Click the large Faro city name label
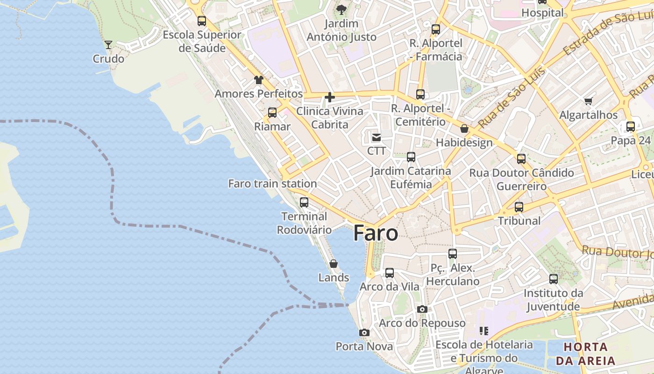click(376, 233)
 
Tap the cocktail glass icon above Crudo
click(108, 45)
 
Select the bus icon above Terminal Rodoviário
click(304, 202)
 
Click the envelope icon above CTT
click(376, 137)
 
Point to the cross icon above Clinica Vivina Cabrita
click(330, 97)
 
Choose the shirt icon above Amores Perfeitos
click(258, 80)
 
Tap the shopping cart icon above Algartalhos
click(588, 101)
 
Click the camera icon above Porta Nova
click(364, 332)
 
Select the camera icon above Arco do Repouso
click(422, 309)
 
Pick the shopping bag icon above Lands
click(334, 264)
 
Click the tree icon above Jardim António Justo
click(341, 9)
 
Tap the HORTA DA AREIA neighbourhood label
click(585, 354)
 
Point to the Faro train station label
click(272, 184)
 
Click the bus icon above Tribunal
click(519, 207)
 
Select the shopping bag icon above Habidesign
click(464, 129)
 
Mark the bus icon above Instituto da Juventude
click(554, 279)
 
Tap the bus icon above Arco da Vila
click(389, 273)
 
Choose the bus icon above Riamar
click(272, 113)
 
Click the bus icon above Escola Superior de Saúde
click(202, 21)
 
